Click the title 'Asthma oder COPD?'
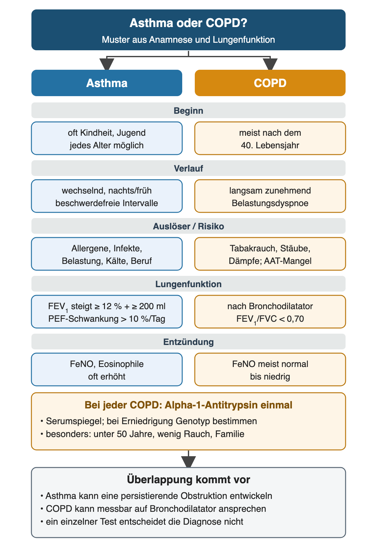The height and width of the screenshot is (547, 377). coord(188,23)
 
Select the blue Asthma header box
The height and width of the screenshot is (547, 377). coord(107,83)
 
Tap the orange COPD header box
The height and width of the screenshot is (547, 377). coord(270,83)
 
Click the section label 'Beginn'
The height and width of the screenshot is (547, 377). coord(188,111)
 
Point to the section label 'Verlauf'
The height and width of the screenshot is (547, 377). coord(188,168)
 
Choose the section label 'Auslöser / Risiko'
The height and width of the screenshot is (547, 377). coord(188,226)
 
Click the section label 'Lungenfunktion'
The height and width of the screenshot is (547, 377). coord(188,284)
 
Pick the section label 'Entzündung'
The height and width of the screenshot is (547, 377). coord(188,342)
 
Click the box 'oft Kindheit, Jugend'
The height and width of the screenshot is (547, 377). coord(107,138)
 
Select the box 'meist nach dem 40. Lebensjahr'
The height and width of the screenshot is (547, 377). coord(270,138)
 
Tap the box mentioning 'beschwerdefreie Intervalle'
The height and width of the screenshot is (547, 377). coord(107,196)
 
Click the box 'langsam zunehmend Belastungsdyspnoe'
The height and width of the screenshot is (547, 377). coord(270,196)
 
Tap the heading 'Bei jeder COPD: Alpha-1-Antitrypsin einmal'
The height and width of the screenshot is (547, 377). coord(188,405)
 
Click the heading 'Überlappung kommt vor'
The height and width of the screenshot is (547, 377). coord(188,480)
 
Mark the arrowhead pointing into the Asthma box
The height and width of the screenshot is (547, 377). coord(107,64)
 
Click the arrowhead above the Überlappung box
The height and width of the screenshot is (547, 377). coord(188,462)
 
